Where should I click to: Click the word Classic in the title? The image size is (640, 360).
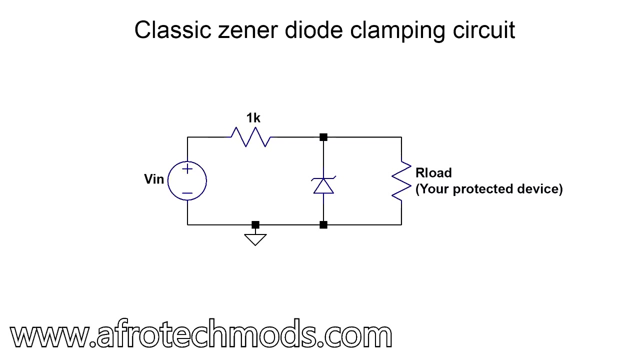click(x=172, y=30)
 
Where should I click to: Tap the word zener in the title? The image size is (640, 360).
click(x=247, y=32)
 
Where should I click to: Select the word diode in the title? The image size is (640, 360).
click(x=313, y=30)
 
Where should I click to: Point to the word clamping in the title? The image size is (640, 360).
click(x=397, y=32)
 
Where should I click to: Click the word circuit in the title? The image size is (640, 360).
click(x=483, y=30)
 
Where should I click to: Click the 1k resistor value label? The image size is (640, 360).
click(x=253, y=118)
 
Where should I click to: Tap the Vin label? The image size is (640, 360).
click(x=154, y=179)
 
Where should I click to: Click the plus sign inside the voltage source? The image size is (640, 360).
click(x=187, y=169)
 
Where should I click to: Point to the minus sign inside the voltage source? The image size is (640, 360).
click(x=187, y=193)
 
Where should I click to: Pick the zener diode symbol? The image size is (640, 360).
click(x=323, y=185)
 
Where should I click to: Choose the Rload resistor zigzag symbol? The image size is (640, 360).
click(x=401, y=181)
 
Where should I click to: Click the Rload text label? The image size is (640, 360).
click(x=433, y=173)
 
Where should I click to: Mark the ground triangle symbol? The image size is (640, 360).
click(x=255, y=239)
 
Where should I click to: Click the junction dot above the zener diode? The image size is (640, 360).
click(x=323, y=137)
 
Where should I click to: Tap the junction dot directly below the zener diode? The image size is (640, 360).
click(x=323, y=225)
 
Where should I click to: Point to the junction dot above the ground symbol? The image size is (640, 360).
click(x=255, y=225)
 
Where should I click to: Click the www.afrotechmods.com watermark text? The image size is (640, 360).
click(x=201, y=333)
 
